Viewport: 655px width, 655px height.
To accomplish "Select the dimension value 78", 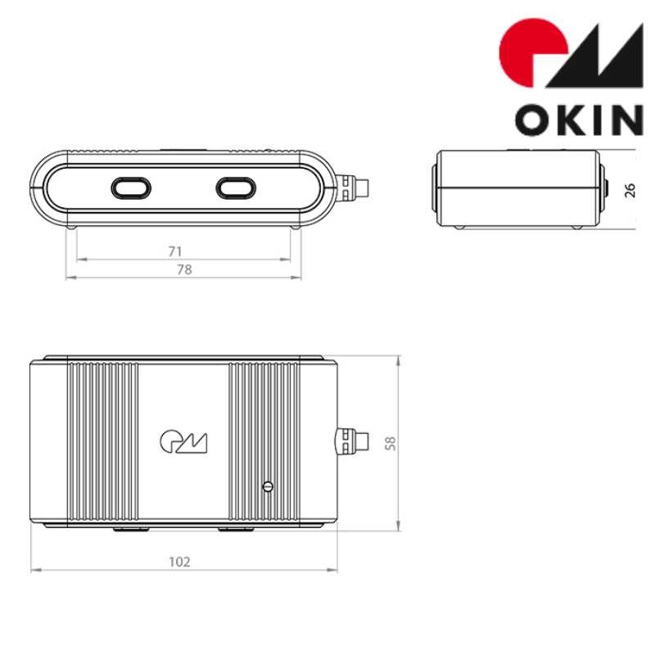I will (184, 269).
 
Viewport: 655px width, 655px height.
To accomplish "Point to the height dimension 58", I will (391, 443).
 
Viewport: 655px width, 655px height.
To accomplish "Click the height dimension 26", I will (630, 190).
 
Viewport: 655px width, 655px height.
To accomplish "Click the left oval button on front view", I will (131, 187).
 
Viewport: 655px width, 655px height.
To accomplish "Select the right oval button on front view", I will (237, 187).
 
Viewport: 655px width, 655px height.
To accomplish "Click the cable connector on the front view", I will (354, 187).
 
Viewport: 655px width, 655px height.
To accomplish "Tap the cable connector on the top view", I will (352, 442).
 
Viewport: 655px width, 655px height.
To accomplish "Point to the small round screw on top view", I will (267, 486).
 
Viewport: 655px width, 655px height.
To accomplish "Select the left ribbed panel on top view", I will (102, 442).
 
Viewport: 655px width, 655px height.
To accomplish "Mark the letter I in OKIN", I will (599, 120).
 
